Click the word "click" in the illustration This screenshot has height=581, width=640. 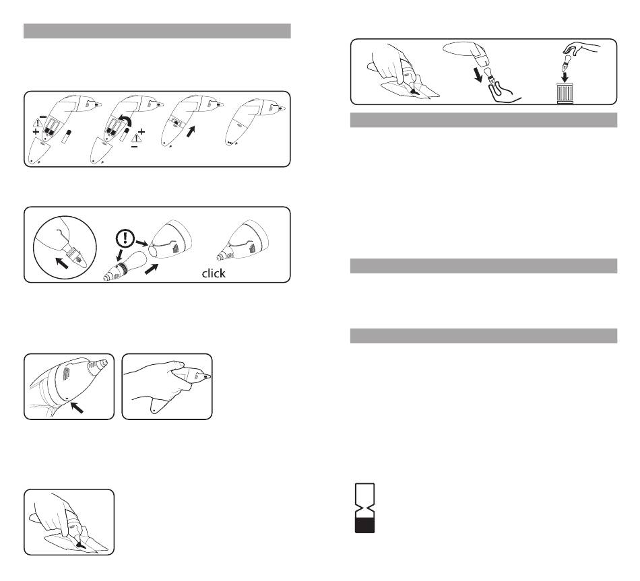tap(214, 273)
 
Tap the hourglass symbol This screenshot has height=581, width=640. tap(364, 508)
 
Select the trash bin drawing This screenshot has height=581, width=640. tap(565, 93)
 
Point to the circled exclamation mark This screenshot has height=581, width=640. tap(125, 238)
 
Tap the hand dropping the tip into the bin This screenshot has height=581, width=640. tap(581, 49)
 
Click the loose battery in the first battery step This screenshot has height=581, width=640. tap(67, 137)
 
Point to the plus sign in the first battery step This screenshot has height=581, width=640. tap(36, 132)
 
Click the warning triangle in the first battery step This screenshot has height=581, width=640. tap(38, 123)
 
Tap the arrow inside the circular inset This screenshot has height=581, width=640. tap(62, 263)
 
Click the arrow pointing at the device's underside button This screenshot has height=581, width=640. tap(77, 407)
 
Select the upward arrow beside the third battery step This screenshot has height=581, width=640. tap(191, 131)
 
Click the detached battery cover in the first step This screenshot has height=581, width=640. tap(40, 151)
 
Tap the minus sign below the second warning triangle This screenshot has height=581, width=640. tap(135, 147)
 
